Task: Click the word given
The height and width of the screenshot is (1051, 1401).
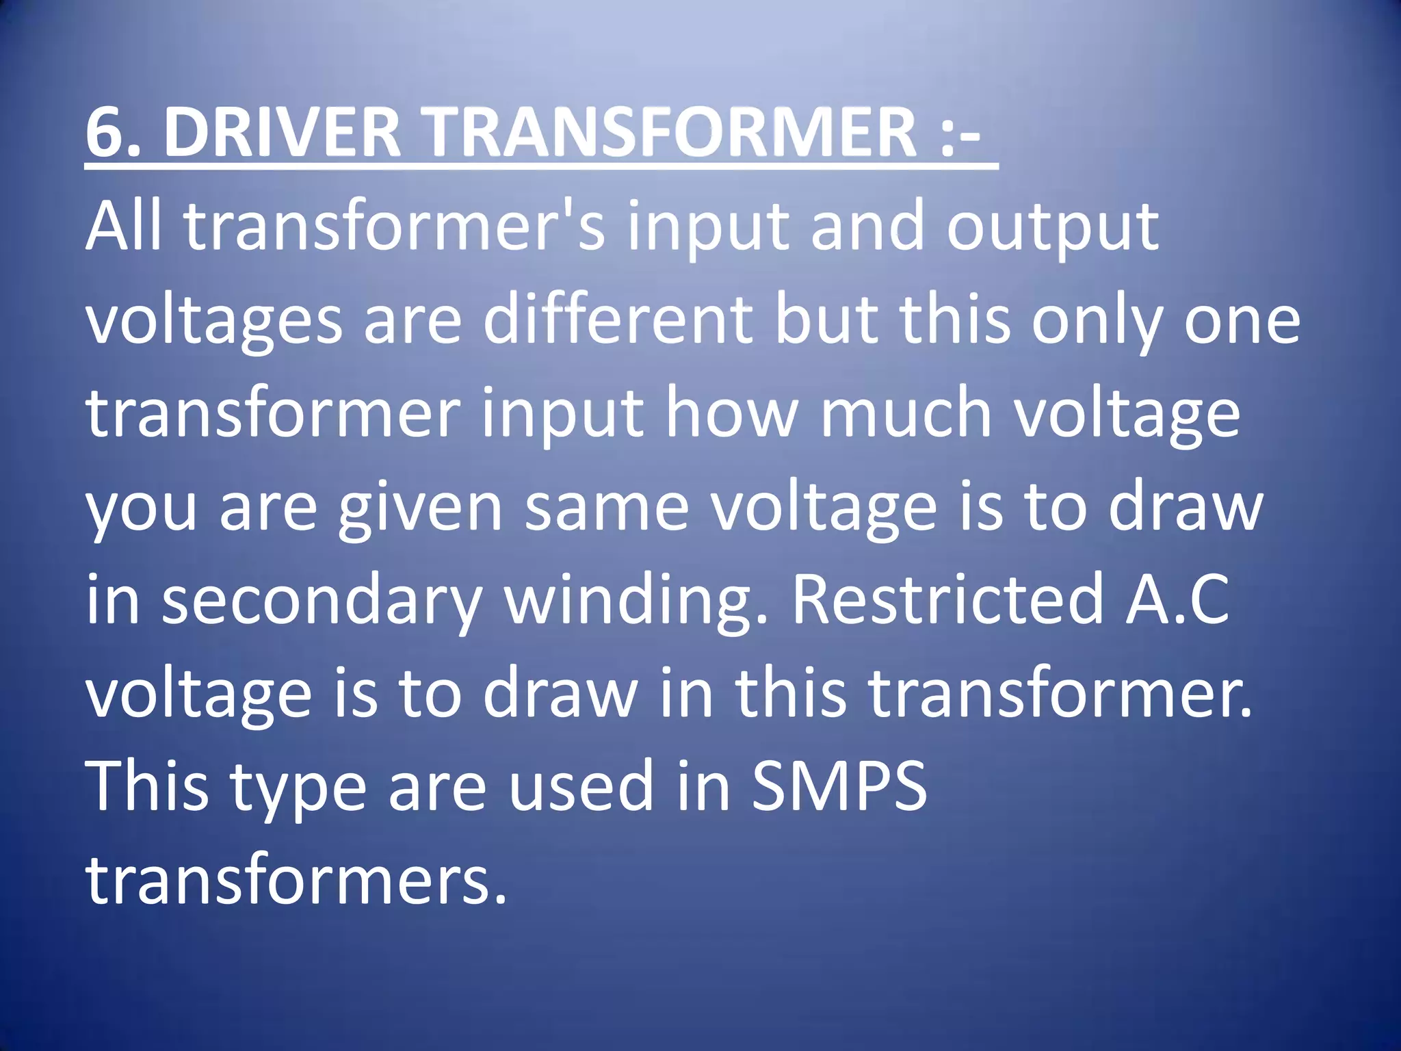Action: pos(420,510)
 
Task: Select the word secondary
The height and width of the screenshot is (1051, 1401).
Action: pos(322,602)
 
